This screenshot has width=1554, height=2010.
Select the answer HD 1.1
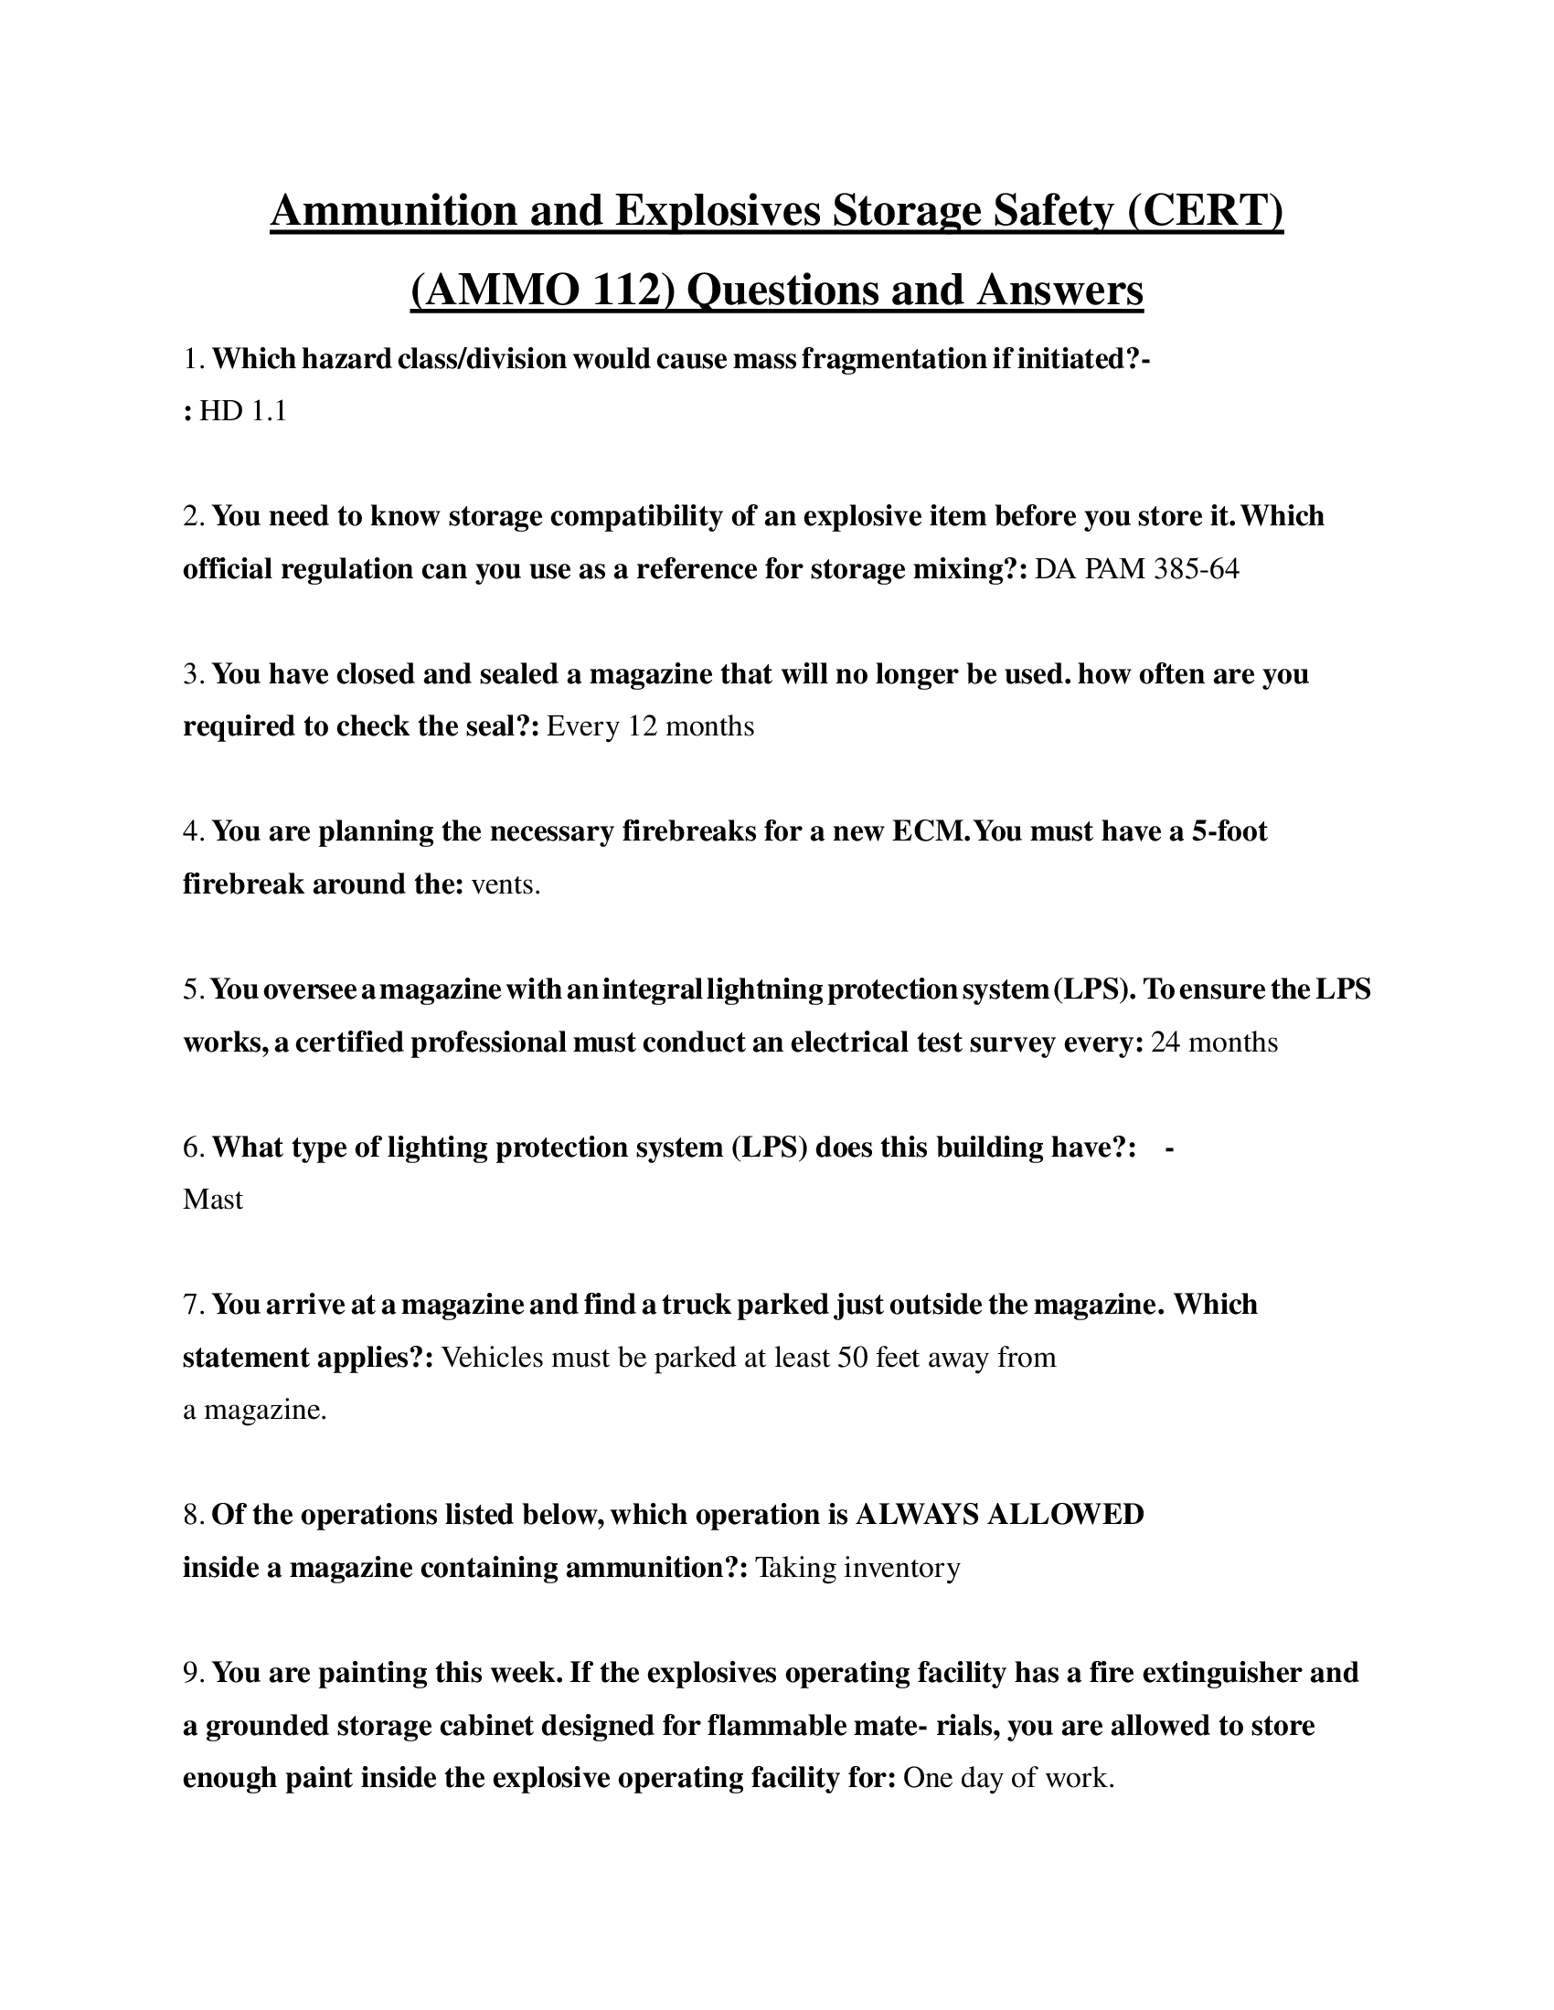243,411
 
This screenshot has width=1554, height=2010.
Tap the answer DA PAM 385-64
1137,570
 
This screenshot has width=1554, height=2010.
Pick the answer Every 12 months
650,727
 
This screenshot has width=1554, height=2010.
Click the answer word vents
506,885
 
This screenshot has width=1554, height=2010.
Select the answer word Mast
213,1201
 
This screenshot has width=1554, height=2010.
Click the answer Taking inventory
857,1568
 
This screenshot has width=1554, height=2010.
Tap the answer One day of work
1008,1778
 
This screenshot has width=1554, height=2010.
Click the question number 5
192,990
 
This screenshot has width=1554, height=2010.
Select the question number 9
192,1673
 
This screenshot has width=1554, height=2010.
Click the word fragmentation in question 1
893,360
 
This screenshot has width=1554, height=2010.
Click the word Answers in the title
1059,291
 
